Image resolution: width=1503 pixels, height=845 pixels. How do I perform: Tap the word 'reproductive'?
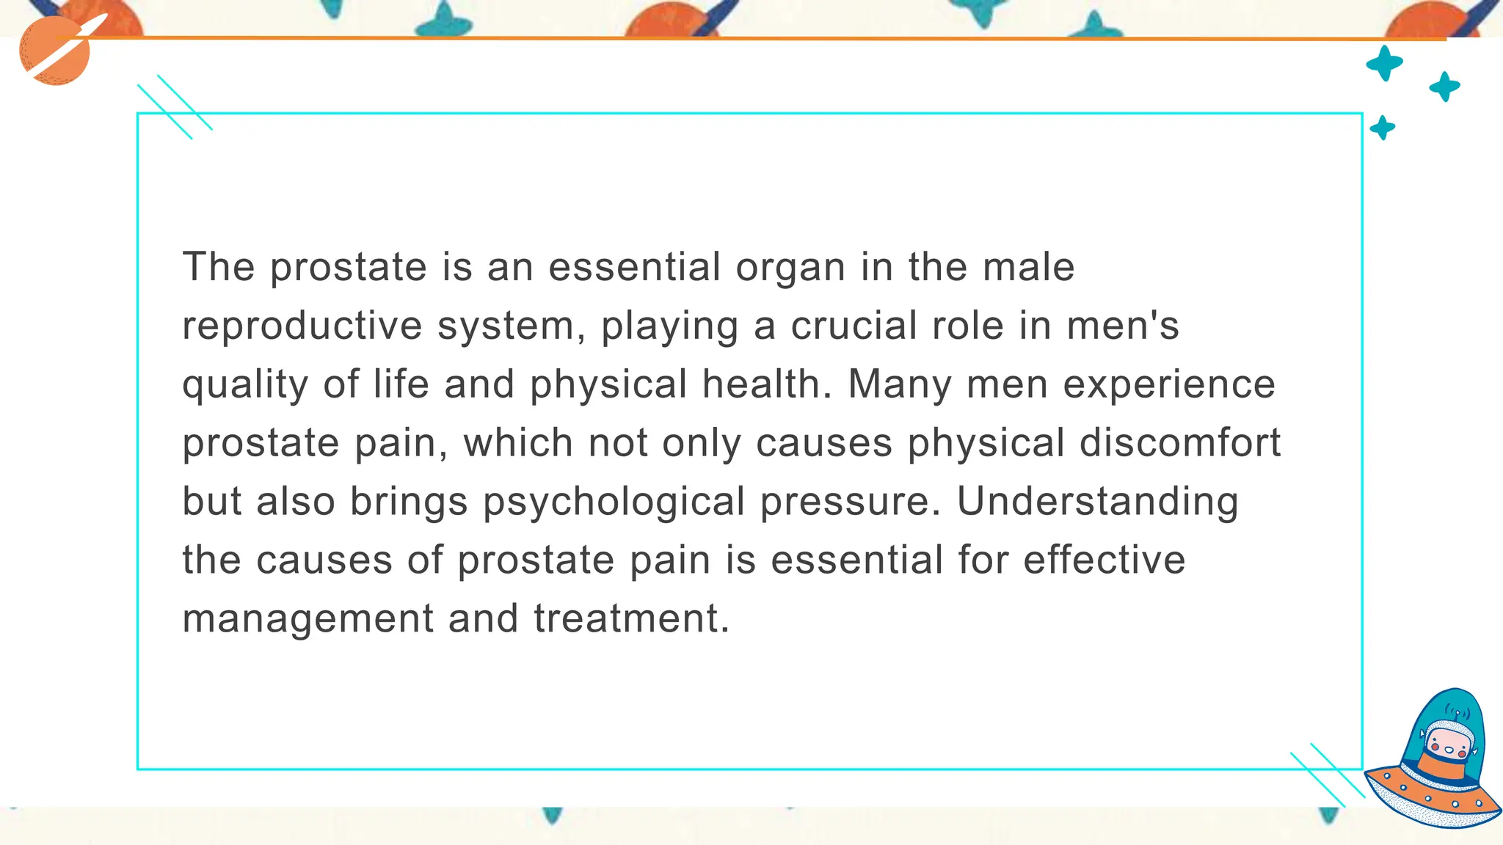[x=302, y=327]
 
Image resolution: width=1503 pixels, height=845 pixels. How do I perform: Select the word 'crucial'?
[x=854, y=326]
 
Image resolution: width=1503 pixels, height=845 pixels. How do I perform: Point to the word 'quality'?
[x=245, y=386]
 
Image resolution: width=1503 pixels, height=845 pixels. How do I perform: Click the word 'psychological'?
[x=614, y=503]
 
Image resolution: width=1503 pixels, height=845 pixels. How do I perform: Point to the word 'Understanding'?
[x=1098, y=503]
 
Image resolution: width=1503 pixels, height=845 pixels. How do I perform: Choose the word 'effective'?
[x=1104, y=560]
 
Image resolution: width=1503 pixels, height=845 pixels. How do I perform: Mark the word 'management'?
[x=308, y=621]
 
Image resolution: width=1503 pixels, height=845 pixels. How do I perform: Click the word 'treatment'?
[x=626, y=619]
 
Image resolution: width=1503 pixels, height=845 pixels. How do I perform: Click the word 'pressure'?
[x=848, y=503]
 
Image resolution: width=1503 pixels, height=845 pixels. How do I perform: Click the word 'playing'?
[x=669, y=327]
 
